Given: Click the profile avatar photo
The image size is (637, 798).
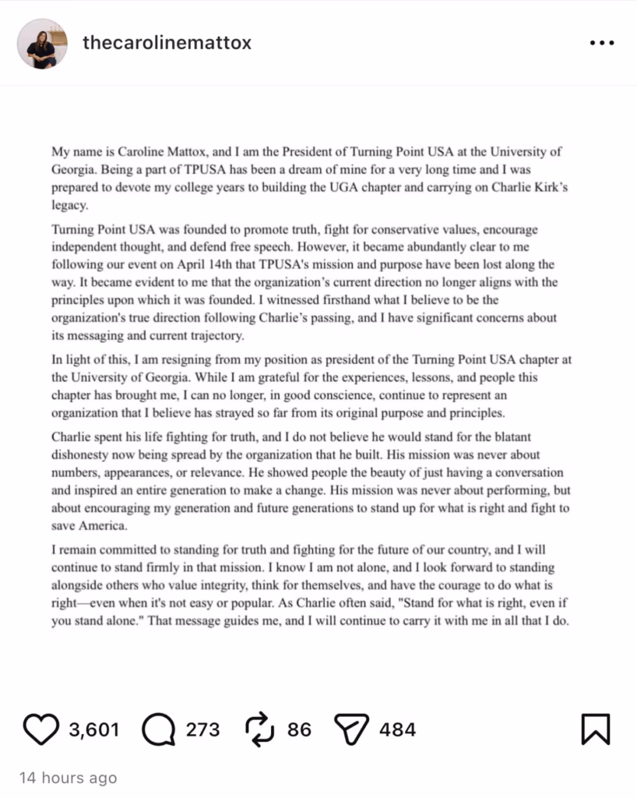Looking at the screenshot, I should pos(42,44).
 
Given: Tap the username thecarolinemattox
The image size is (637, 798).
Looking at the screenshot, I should pos(167,43).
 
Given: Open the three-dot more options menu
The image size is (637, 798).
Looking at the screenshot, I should pos(602,44).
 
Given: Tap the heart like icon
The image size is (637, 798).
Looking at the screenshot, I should pos(40,729).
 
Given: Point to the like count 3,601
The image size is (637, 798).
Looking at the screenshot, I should pos(93,729).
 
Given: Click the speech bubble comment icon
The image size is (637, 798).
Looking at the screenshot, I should pos(159,729).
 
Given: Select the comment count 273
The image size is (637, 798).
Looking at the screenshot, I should pos(202,729).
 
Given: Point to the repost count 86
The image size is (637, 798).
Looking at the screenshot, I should pos(299,729).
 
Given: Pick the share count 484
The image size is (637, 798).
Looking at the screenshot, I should pos(397,729).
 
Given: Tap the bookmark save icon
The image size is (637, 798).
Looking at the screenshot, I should pos(596,729).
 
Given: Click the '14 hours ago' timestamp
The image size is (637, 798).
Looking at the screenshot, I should pos(68,778).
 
